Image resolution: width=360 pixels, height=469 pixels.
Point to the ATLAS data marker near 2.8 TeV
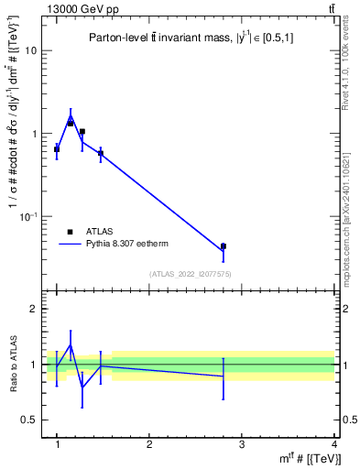point(224,246)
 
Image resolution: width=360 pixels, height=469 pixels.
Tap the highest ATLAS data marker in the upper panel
point(71,122)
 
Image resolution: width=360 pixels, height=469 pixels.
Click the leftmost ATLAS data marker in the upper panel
point(57,148)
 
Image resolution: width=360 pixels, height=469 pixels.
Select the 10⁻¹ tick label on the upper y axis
point(30,216)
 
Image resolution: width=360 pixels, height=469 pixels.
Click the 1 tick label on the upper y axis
point(36,134)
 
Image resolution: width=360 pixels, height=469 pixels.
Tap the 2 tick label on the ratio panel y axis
point(36,309)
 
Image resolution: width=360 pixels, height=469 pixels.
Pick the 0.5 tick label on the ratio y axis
point(31,420)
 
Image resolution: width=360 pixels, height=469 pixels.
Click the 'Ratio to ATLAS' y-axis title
point(11,365)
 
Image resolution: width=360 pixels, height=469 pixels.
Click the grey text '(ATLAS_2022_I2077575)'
point(190,274)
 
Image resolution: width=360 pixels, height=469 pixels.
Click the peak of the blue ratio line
point(71,345)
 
